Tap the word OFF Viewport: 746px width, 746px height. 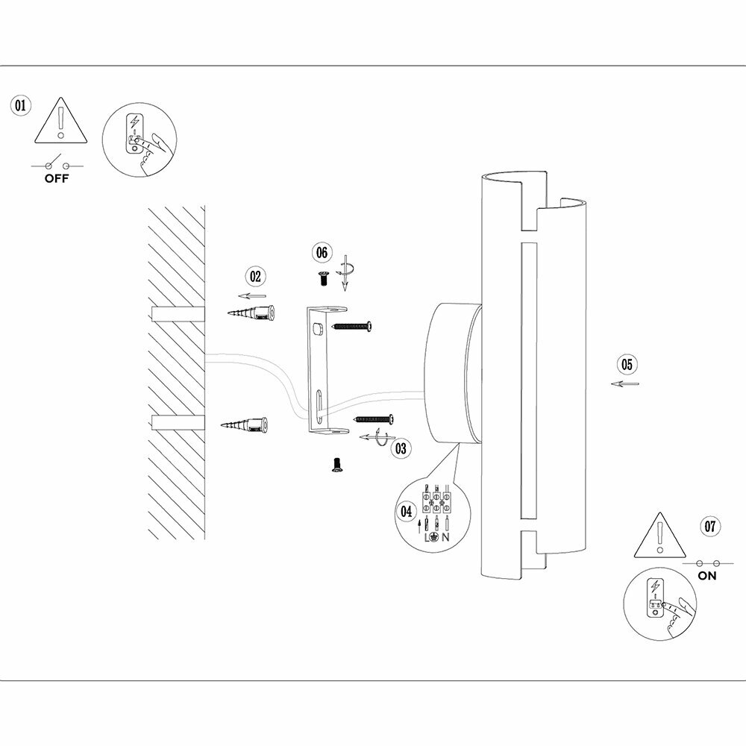[x=56, y=179]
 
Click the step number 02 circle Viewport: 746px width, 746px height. [x=256, y=276]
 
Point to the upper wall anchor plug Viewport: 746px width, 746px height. [x=254, y=313]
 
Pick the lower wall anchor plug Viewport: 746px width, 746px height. [x=246, y=425]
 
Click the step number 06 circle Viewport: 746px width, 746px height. [x=322, y=253]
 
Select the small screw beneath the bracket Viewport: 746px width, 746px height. [x=336, y=465]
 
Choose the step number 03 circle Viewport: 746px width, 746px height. [x=401, y=448]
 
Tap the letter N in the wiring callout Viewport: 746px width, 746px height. [x=445, y=537]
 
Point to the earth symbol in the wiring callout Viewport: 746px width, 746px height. [x=435, y=537]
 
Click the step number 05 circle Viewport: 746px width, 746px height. [x=627, y=364]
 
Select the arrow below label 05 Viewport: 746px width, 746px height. [x=624, y=384]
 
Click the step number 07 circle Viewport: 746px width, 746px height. [x=711, y=525]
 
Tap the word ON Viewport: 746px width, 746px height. [x=707, y=576]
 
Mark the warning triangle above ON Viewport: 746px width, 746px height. [x=659, y=536]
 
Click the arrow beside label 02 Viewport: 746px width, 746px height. [x=257, y=295]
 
